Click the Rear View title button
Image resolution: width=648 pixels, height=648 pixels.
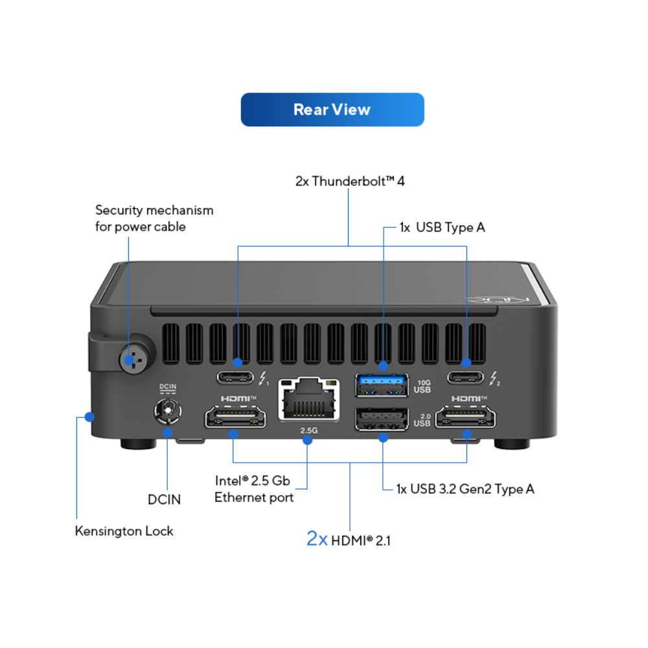pyautogui.click(x=332, y=110)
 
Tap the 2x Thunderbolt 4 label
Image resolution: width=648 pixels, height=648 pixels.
pyautogui.click(x=350, y=181)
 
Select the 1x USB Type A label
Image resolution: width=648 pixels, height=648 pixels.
pyautogui.click(x=443, y=227)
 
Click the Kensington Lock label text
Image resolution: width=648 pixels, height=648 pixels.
pyautogui.click(x=124, y=531)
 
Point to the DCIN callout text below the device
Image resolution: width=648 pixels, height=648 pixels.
pyautogui.click(x=164, y=499)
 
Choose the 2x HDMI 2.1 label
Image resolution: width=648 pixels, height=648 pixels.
pyautogui.click(x=349, y=539)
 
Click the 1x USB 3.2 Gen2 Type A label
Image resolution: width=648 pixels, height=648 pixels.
pyautogui.click(x=465, y=489)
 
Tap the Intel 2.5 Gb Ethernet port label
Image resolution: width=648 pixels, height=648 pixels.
pyautogui.click(x=254, y=489)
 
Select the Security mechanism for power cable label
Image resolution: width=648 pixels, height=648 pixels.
pyautogui.click(x=154, y=218)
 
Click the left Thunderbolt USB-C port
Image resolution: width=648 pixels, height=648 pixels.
pyautogui.click(x=237, y=378)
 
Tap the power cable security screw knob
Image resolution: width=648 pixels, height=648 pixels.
pyautogui.click(x=132, y=356)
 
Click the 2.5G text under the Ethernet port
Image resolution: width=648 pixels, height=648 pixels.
pyautogui.click(x=308, y=430)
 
